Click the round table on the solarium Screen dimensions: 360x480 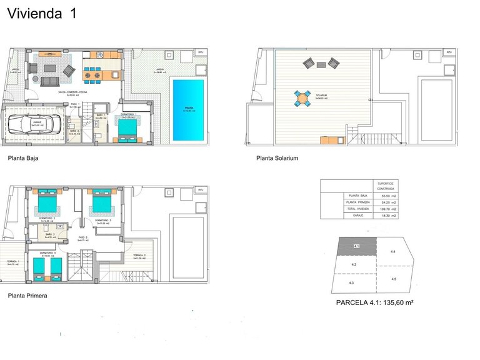coord(302,98)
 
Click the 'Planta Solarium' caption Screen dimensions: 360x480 coord(277,159)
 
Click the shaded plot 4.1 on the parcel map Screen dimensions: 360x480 coord(357,247)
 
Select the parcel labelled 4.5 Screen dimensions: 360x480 coord(394,279)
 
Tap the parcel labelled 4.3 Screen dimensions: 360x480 coord(351,283)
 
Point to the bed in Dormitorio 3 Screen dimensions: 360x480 coord(102,201)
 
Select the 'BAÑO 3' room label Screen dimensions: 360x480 coord(49,234)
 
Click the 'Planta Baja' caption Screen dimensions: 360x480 coord(23,159)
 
